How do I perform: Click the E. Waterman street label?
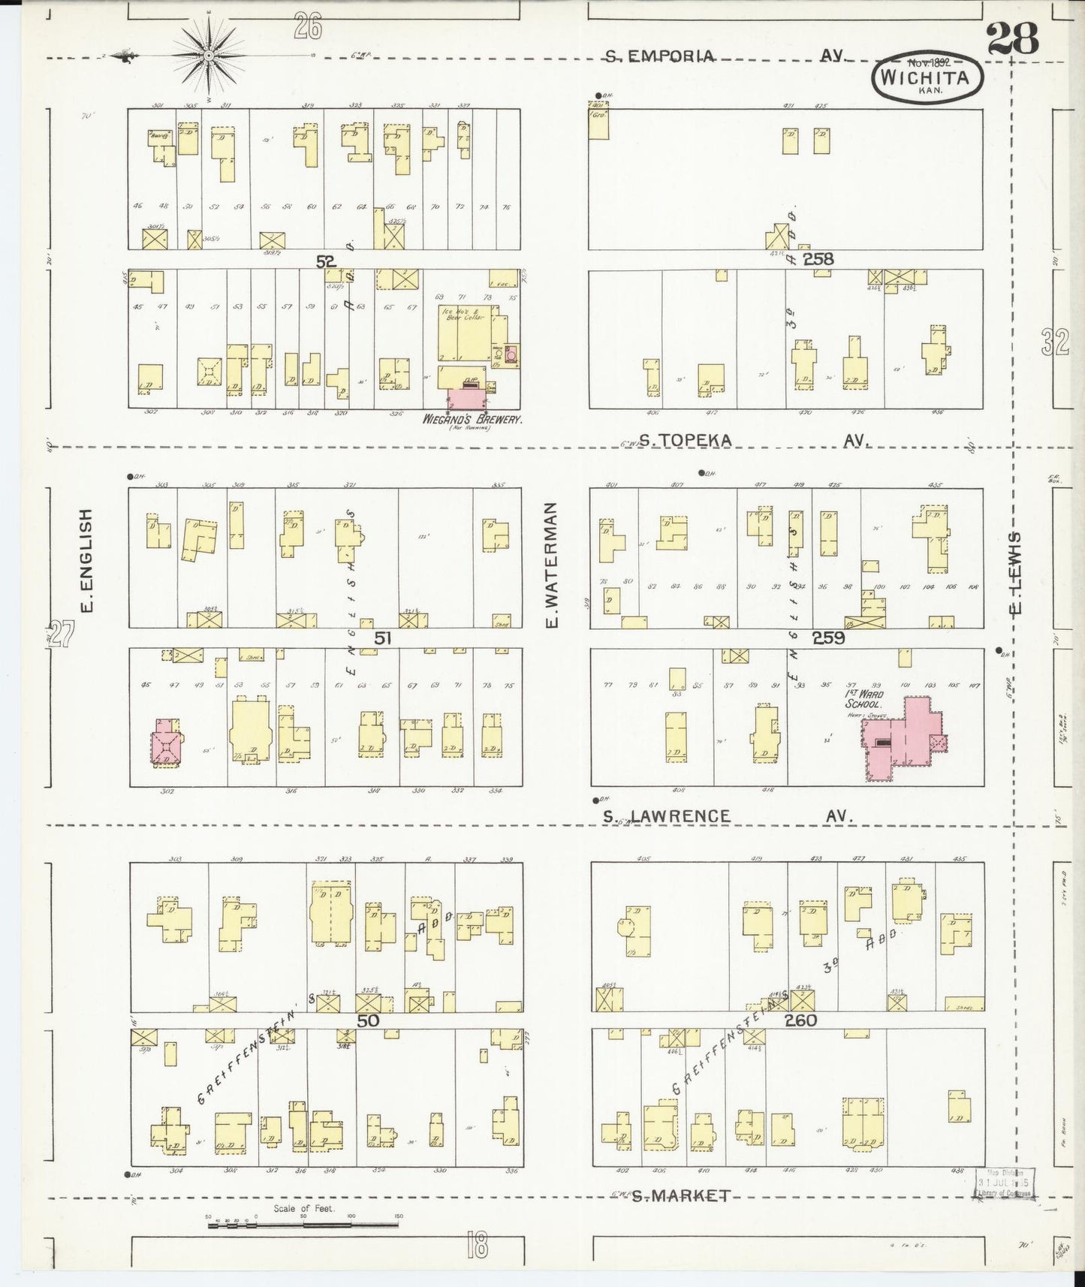coord(552,565)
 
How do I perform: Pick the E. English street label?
coord(86,559)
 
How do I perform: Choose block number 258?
coord(818,259)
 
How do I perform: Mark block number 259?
coord(828,637)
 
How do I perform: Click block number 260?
coord(800,1020)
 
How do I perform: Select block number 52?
coord(326,261)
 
